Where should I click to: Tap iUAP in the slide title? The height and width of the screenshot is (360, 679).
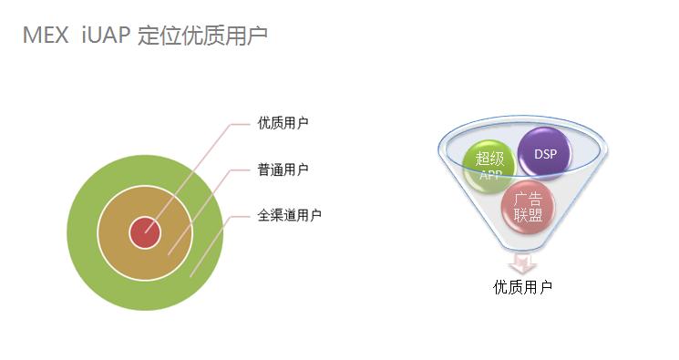click(x=106, y=36)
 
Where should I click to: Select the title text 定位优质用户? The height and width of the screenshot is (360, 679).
click(x=202, y=36)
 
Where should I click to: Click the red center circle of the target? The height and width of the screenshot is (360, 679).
click(x=144, y=232)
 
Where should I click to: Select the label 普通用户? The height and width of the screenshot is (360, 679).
click(x=283, y=170)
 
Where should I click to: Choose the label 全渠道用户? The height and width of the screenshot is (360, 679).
click(x=289, y=215)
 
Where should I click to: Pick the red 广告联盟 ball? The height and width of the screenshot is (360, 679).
click(x=528, y=208)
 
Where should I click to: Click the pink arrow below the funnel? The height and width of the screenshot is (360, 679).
click(x=522, y=263)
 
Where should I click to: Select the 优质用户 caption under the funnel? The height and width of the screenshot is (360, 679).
click(x=522, y=287)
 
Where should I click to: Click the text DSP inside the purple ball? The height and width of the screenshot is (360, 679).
click(x=545, y=153)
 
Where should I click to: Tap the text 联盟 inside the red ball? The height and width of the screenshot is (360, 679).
click(x=528, y=216)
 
